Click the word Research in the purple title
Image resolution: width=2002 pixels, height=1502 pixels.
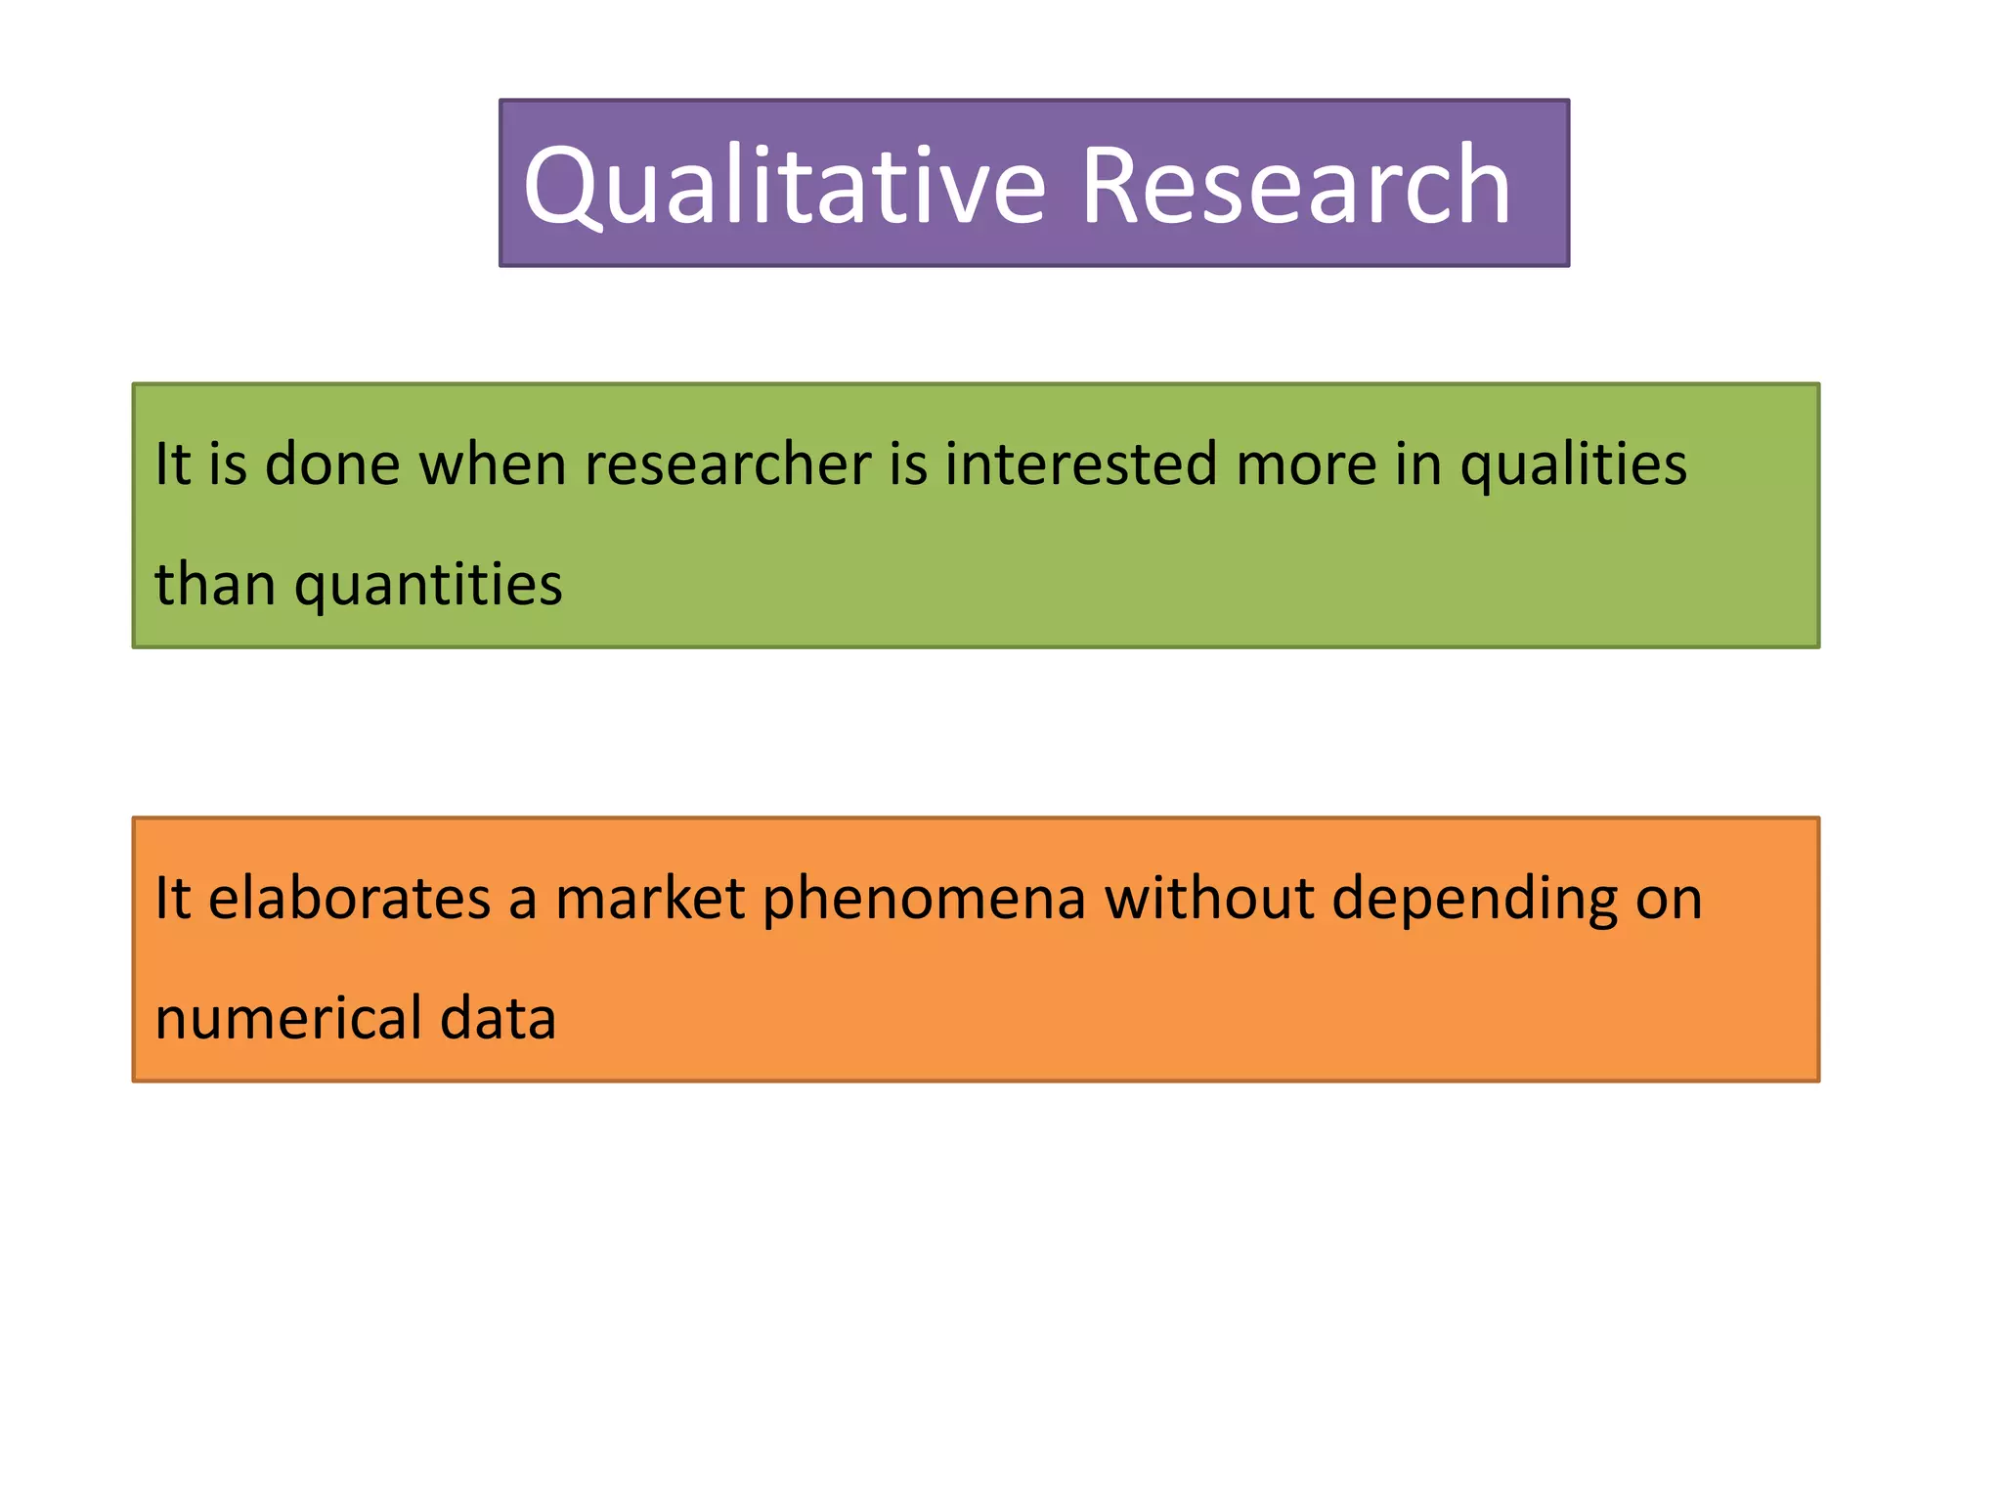(1295, 186)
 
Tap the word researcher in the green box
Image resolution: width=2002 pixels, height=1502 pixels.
(727, 464)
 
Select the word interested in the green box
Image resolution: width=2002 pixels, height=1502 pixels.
(1081, 464)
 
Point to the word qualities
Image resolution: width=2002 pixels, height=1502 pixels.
(1573, 465)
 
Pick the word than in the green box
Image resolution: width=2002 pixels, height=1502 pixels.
(215, 584)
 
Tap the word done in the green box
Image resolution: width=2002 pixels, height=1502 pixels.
(332, 464)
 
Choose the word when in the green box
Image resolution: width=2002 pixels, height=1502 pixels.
(493, 464)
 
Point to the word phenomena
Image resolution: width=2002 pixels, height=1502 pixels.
(924, 901)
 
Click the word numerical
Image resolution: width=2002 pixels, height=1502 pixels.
(288, 1018)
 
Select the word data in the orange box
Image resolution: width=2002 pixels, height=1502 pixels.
(498, 1018)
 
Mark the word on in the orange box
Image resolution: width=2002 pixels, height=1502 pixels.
(1669, 901)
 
